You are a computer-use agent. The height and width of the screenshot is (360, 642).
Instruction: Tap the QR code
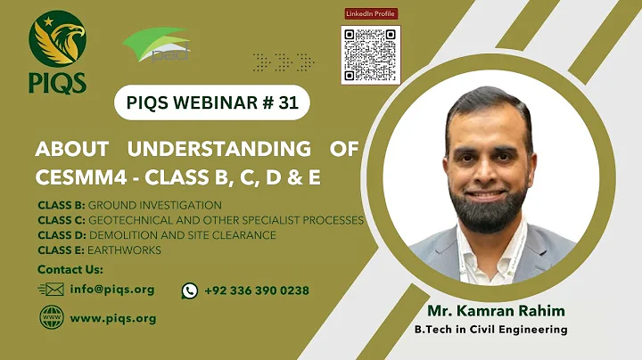(370, 53)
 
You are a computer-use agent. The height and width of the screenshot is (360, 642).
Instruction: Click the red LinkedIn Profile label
(370, 13)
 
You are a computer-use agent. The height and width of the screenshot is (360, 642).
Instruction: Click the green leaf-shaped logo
(156, 47)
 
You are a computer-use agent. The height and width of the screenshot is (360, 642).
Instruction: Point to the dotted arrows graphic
(284, 61)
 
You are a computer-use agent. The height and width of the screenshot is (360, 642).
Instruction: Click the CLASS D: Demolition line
(156, 235)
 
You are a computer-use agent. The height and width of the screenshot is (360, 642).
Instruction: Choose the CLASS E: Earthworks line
(99, 250)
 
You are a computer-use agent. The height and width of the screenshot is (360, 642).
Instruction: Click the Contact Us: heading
(70, 269)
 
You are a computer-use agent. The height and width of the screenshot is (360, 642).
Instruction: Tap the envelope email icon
(52, 290)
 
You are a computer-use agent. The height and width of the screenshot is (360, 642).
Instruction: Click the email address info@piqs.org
(112, 290)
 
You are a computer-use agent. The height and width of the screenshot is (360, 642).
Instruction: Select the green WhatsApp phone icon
(190, 290)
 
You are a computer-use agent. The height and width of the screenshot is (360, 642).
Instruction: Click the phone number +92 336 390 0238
(257, 290)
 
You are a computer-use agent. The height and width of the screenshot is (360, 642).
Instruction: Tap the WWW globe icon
(51, 318)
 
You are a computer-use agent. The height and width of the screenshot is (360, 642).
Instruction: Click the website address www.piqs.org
(112, 318)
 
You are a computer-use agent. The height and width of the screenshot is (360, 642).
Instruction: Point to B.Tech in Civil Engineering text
(490, 330)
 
